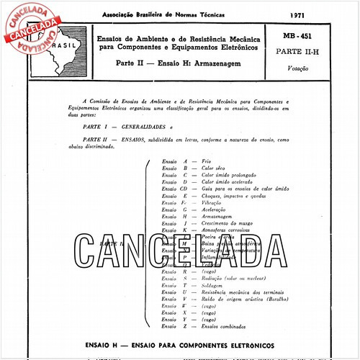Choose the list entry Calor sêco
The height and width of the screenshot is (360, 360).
click(215, 168)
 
